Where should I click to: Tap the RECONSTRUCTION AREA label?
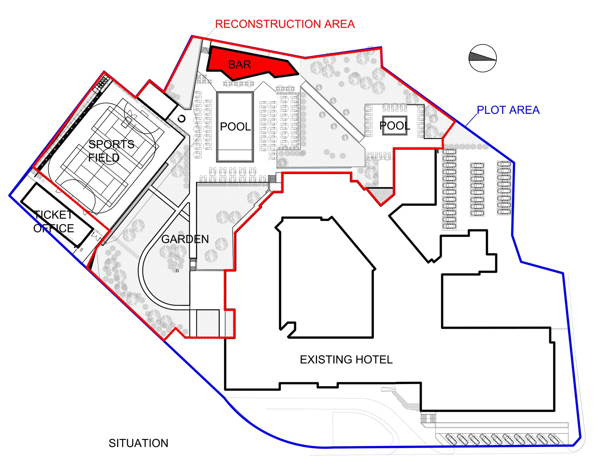coord(285,24)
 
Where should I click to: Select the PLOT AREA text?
coord(508,110)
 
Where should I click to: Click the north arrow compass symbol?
coord(483,58)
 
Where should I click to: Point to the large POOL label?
coord(235,126)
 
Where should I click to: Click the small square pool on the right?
coord(395,125)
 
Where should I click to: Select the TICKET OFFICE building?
coord(57,215)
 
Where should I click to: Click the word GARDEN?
coord(185,239)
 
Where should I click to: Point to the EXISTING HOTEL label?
coord(346,360)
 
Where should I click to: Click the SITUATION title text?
coord(138,443)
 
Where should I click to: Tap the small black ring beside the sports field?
coord(182,119)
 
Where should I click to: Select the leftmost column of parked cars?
coord(449,189)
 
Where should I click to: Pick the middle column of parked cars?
coord(477,189)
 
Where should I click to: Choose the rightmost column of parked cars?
coord(504,188)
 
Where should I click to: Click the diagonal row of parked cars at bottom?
coord(503,439)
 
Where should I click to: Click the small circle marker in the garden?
coord(177,271)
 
